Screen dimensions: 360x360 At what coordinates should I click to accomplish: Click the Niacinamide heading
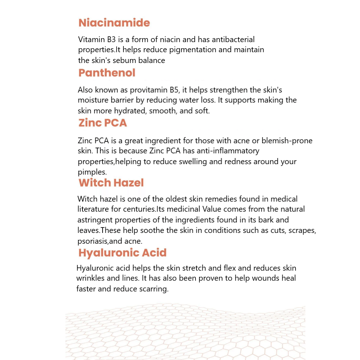point(114,23)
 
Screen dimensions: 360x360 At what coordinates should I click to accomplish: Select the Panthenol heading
point(107,73)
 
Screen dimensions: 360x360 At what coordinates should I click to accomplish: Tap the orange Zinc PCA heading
point(103,123)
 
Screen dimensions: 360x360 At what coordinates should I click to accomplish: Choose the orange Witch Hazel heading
point(111,183)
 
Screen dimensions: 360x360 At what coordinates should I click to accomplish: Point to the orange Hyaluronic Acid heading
point(122,253)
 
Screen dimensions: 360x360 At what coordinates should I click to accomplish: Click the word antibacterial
point(233,39)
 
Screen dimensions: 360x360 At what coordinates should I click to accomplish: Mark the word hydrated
point(130,111)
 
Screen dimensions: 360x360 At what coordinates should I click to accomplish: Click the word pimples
point(91,172)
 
